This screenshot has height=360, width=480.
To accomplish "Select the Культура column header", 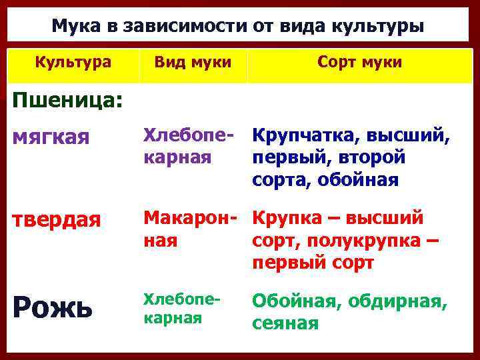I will click(x=73, y=63).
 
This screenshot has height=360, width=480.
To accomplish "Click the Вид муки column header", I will click(x=193, y=63).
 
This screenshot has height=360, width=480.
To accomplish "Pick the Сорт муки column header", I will click(x=359, y=63).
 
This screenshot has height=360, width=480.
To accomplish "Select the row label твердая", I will click(x=58, y=221).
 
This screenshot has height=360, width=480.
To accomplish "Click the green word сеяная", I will click(x=285, y=323).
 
